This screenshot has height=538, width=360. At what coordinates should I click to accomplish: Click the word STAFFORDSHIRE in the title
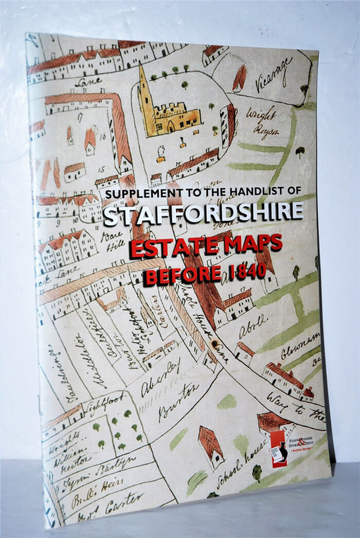(x=203, y=212)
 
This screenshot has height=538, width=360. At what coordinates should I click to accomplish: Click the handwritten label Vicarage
(x=275, y=71)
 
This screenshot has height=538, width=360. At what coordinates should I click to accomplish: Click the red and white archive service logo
(x=278, y=449)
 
